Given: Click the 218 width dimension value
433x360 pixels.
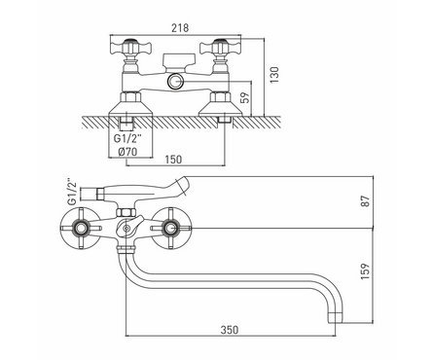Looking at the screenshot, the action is (180, 28).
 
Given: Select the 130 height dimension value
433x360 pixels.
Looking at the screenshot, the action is (274, 75).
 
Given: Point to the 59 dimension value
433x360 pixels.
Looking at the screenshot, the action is (246, 97).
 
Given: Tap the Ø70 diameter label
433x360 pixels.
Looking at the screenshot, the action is (128, 152).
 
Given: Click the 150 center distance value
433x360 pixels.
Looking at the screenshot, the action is (173, 160).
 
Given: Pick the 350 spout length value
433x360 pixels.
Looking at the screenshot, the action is (230, 330).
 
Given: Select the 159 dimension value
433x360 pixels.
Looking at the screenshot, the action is (366, 271).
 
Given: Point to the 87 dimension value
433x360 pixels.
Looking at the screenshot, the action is (366, 201).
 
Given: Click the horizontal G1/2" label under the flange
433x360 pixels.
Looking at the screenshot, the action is (127, 139).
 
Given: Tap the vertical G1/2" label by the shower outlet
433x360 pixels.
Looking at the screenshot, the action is (72, 192).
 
